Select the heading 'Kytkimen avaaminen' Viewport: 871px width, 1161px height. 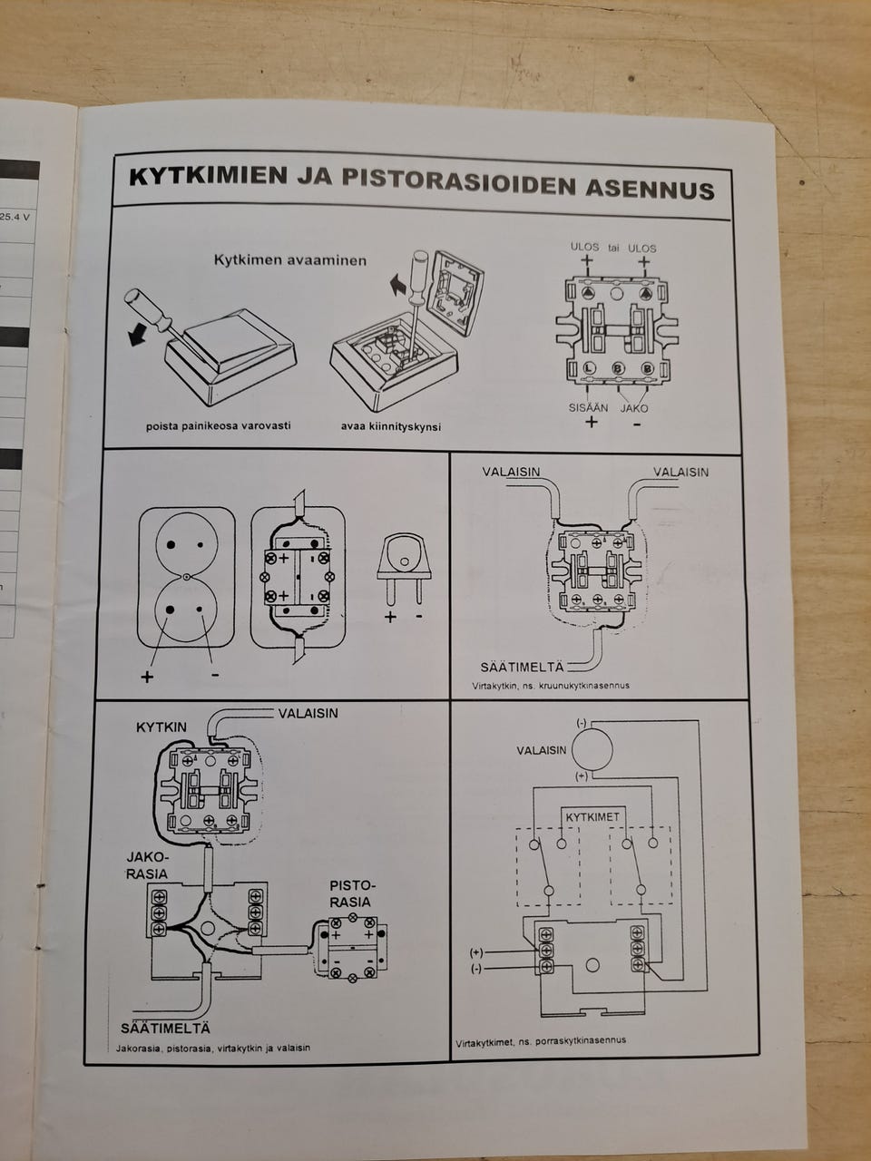click(290, 260)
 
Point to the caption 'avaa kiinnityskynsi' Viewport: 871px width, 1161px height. click(391, 426)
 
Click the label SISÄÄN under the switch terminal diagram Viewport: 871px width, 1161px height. click(588, 408)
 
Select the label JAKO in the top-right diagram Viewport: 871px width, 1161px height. click(635, 408)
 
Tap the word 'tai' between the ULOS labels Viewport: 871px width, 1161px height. click(614, 248)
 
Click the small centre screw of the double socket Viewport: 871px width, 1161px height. click(186, 578)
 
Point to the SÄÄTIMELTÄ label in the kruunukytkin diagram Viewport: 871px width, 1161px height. click(522, 667)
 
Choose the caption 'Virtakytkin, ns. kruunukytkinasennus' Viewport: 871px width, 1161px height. click(551, 686)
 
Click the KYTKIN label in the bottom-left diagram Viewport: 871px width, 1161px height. click(161, 727)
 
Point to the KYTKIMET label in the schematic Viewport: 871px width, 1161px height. click(592, 817)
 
